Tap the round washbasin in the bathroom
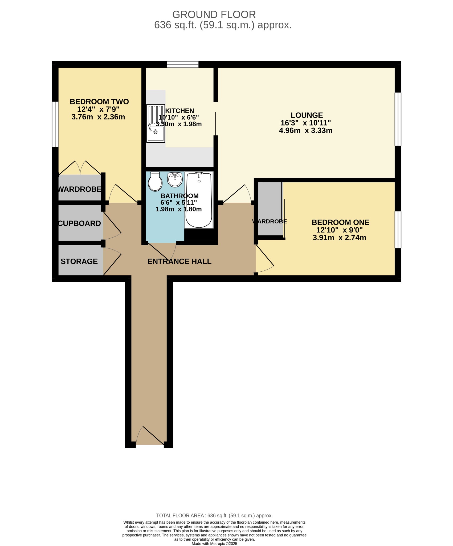[x=175, y=179]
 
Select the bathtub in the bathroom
[x=199, y=200]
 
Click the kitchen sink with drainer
[x=156, y=123]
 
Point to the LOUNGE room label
[x=307, y=115]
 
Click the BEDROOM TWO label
[x=99, y=102]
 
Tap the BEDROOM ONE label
[x=340, y=222]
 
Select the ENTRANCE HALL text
[x=179, y=262]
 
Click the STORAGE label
[x=79, y=261]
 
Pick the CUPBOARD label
[x=79, y=223]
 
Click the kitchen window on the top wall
[x=183, y=64]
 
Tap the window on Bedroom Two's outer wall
[x=55, y=124]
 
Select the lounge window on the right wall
[x=398, y=119]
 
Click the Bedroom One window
[x=398, y=230]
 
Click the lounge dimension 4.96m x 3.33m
[x=306, y=131]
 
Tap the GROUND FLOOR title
[x=214, y=14]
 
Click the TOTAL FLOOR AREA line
[x=214, y=516]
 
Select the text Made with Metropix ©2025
[x=214, y=544]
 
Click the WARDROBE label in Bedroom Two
[x=80, y=189]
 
